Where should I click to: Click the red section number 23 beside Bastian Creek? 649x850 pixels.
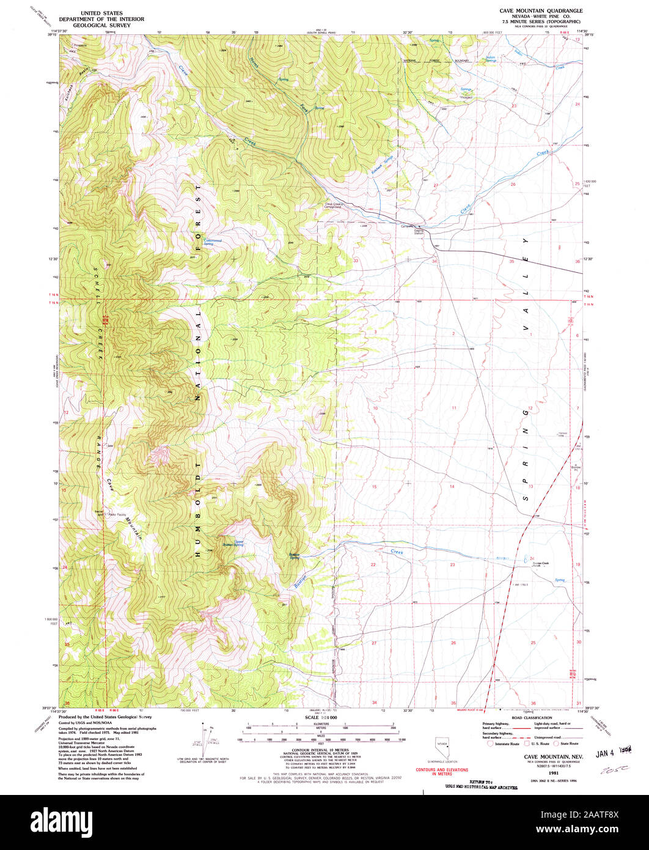coord(453,564)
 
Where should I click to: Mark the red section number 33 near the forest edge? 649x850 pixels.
coord(356,261)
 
